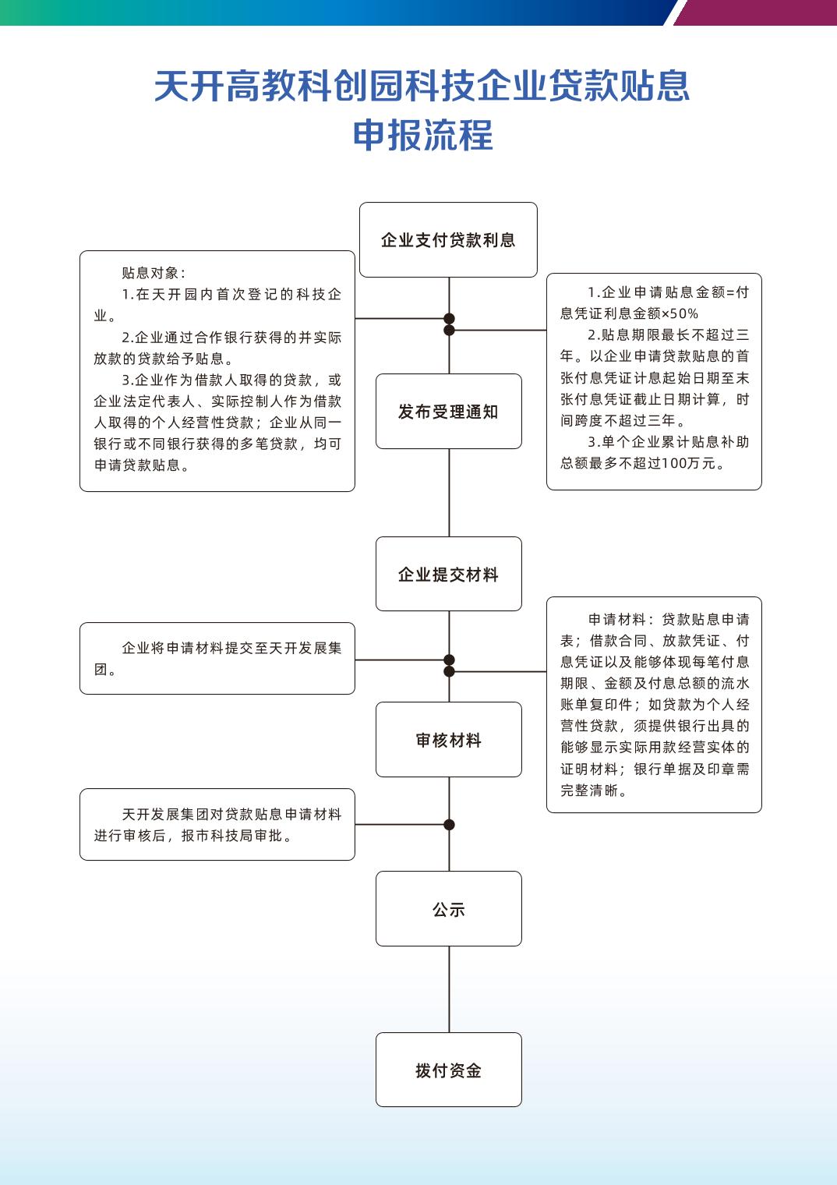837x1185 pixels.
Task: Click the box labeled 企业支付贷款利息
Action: coord(448,240)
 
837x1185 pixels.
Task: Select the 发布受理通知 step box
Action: coord(448,412)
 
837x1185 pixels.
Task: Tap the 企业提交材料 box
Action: coord(448,575)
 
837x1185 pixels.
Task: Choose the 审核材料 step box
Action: coord(448,740)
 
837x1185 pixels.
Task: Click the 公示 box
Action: coord(448,909)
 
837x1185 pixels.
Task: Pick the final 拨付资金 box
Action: coord(448,1070)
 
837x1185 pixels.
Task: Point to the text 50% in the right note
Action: coord(683,313)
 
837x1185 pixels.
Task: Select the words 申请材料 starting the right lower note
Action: coord(616,620)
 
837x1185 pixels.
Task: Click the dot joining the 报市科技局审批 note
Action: coord(449,825)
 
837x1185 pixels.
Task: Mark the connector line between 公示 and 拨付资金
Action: coord(449,989)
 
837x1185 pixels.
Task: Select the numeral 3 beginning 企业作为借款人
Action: coord(126,380)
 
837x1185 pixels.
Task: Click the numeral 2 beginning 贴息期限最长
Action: coord(592,335)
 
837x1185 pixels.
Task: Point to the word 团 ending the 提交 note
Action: coord(100,670)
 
